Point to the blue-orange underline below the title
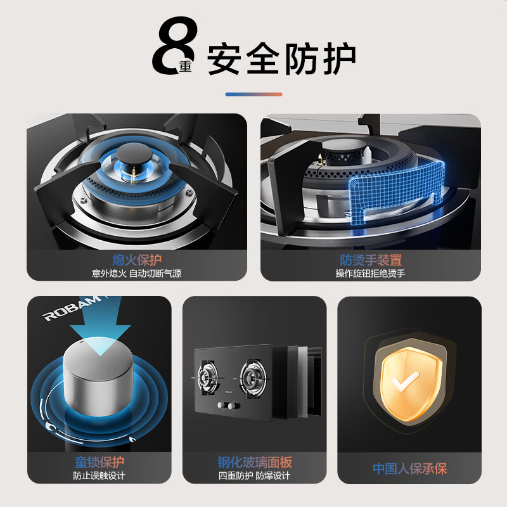coord(253,94)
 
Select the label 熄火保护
coord(136,260)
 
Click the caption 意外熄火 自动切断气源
coord(136,274)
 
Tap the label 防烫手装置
coord(371,260)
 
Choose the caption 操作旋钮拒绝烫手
coord(371,274)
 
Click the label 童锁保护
coord(99,462)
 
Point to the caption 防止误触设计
coord(99,476)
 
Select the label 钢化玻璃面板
coord(254,462)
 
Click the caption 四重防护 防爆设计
coord(254,476)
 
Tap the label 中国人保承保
coord(409,469)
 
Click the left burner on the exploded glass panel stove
coord(210,375)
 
